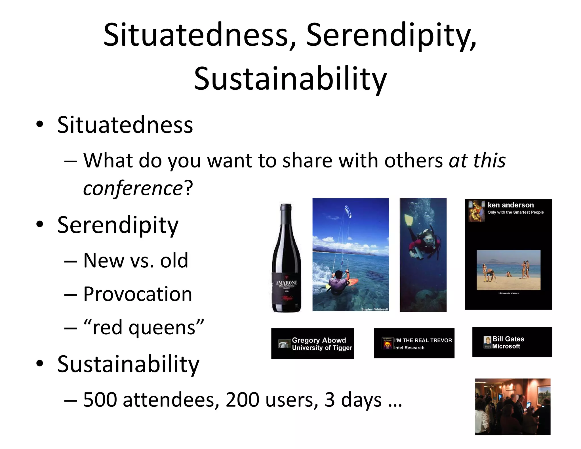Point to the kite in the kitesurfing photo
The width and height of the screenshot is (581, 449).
[x=348, y=211]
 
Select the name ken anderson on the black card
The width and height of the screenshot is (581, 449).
[x=510, y=205]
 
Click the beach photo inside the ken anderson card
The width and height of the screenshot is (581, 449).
[x=508, y=270]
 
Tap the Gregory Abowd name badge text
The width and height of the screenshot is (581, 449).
[x=319, y=340]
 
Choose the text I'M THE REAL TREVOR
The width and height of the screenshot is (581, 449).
[x=423, y=340]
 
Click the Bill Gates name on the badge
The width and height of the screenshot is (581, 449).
[x=508, y=339]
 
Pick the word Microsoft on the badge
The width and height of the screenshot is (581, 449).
[x=506, y=346]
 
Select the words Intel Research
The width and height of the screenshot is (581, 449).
[x=409, y=348]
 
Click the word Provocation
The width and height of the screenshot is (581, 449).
[x=138, y=294]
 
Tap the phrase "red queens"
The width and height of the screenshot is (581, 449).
[x=144, y=328]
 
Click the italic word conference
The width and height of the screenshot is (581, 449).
[x=133, y=188]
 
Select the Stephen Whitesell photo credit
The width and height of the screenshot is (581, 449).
[x=374, y=309]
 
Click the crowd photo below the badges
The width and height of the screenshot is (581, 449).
[x=513, y=406]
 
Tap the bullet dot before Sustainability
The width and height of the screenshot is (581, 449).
[x=40, y=364]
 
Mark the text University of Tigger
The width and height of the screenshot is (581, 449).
[x=322, y=348]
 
